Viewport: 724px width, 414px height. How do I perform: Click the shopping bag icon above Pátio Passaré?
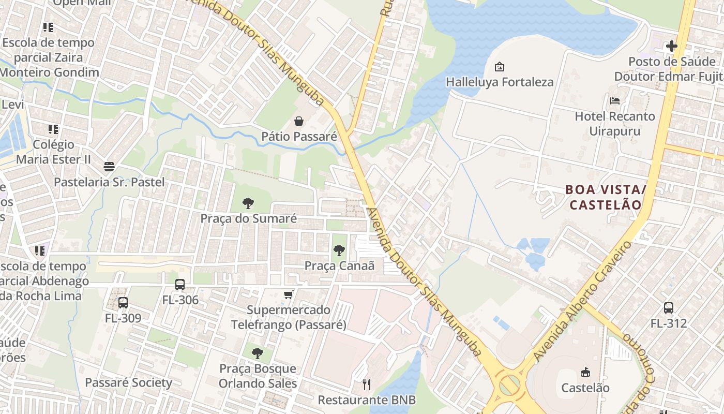pyautogui.click(x=299, y=122)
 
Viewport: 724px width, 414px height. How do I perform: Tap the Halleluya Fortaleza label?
pyautogui.click(x=500, y=82)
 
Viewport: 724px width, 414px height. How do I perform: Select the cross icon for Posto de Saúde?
pyautogui.click(x=671, y=46)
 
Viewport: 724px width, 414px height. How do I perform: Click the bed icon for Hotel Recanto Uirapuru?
pyautogui.click(x=615, y=101)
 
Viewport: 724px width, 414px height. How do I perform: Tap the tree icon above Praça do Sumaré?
pyautogui.click(x=248, y=203)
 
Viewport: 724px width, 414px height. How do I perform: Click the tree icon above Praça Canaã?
pyautogui.click(x=339, y=251)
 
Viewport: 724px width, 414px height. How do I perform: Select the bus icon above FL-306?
pyautogui.click(x=180, y=285)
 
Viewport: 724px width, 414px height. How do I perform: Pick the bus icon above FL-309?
pyautogui.click(x=123, y=303)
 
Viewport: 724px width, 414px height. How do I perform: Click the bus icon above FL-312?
pyautogui.click(x=669, y=308)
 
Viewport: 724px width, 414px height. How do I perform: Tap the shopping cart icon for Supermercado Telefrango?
pyautogui.click(x=289, y=294)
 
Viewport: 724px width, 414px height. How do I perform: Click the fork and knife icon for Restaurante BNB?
pyautogui.click(x=367, y=384)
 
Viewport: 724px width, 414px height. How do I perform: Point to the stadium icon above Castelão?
pyautogui.click(x=585, y=372)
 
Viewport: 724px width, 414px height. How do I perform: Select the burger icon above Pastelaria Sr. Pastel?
pyautogui.click(x=109, y=167)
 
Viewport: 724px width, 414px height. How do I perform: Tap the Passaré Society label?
pyautogui.click(x=128, y=383)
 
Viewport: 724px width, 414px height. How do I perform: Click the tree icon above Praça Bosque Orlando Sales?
pyautogui.click(x=257, y=353)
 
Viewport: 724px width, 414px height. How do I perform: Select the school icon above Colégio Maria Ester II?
pyautogui.click(x=53, y=129)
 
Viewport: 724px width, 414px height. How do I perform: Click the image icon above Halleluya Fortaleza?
pyautogui.click(x=500, y=67)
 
